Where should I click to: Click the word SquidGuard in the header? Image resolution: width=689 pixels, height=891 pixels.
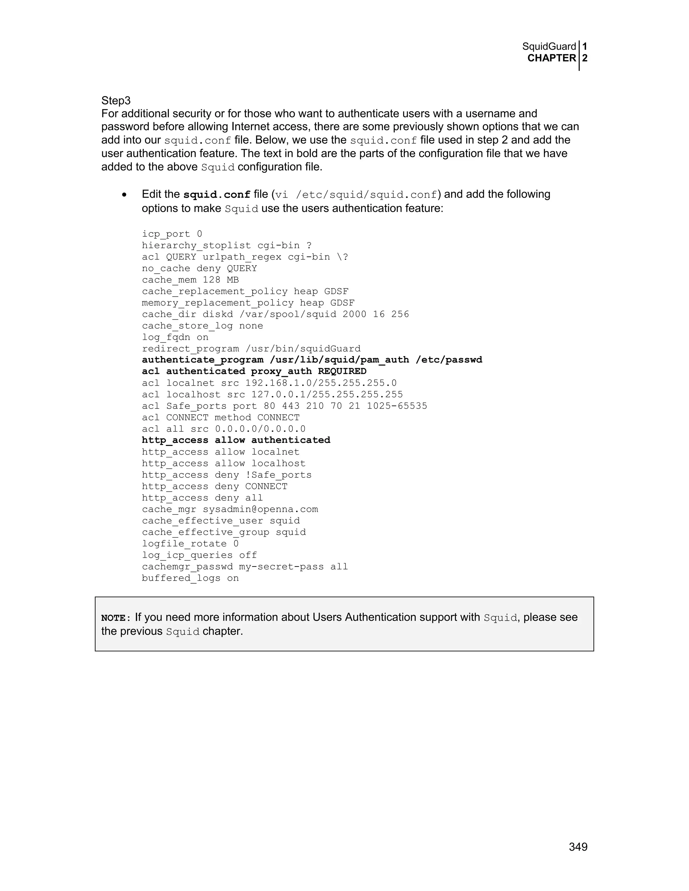point(549,46)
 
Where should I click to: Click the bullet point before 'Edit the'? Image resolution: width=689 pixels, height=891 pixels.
point(124,195)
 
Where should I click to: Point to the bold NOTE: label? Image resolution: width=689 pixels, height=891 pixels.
point(116,618)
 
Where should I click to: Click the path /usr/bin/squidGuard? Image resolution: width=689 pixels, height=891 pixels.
point(303,349)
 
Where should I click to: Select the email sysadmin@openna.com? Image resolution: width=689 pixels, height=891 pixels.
point(260,509)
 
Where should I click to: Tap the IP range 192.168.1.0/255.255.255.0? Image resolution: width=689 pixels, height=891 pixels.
point(321,383)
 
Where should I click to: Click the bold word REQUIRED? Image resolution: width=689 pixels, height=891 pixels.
point(342,371)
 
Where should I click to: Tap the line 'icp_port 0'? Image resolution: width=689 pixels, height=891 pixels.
point(172,234)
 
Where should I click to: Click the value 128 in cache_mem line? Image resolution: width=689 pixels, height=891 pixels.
point(211,280)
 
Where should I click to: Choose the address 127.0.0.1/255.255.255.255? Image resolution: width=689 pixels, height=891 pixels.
point(327,394)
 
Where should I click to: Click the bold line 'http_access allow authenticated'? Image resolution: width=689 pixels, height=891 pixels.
point(236,440)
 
